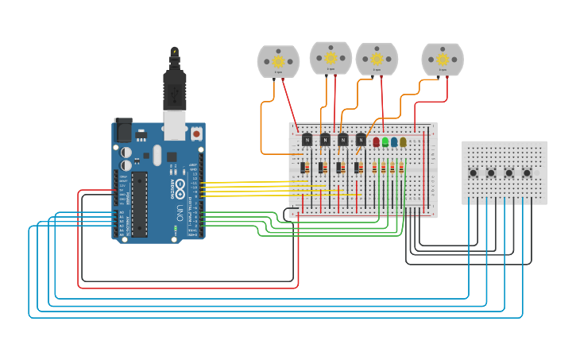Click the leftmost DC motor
tap(278, 61)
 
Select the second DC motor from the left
tap(331, 58)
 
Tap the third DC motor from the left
tap(377, 59)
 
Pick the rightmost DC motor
tap(443, 59)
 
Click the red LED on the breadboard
tap(377, 142)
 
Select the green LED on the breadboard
tap(385, 142)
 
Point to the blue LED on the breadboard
tap(394, 142)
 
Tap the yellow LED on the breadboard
tap(403, 142)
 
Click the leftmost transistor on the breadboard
tap(307, 140)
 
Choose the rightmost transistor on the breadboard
tap(361, 140)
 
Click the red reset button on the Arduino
tap(196, 134)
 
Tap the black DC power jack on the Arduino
tap(122, 130)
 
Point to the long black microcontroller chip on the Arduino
tap(139, 204)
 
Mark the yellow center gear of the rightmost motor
tap(443, 58)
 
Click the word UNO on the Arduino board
tap(180, 210)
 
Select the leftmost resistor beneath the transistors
tap(304, 168)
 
